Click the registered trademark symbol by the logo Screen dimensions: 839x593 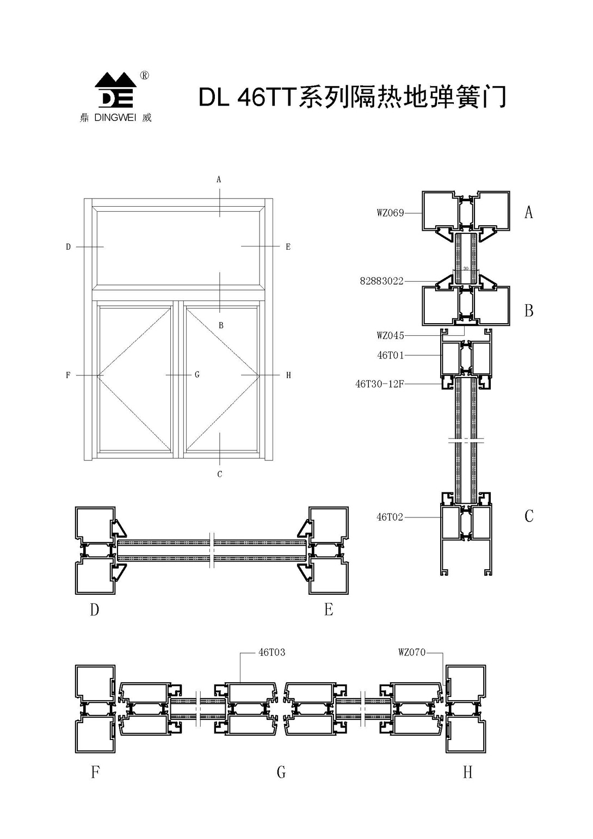tap(144, 76)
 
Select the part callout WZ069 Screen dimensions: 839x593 tap(390, 213)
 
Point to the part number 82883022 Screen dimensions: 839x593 tap(381, 281)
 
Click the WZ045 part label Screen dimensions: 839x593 tap(390, 336)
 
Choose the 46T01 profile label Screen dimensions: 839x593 tap(391, 356)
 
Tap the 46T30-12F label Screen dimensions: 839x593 tap(380, 384)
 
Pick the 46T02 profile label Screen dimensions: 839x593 tap(390, 517)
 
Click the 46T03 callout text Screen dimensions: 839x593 tap(272, 652)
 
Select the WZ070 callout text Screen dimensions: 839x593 tap(412, 652)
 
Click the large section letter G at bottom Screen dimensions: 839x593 tap(281, 772)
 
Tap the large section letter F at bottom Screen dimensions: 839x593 tap(95, 772)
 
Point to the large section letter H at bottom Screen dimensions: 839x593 tap(467, 772)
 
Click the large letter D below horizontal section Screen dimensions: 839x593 tap(95, 610)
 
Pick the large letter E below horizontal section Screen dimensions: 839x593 tap(329, 610)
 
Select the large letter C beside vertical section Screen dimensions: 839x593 tap(529, 516)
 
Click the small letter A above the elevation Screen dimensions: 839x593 tap(219, 179)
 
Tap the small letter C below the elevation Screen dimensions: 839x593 tap(220, 474)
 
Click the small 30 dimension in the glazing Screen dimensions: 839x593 tap(466, 268)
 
